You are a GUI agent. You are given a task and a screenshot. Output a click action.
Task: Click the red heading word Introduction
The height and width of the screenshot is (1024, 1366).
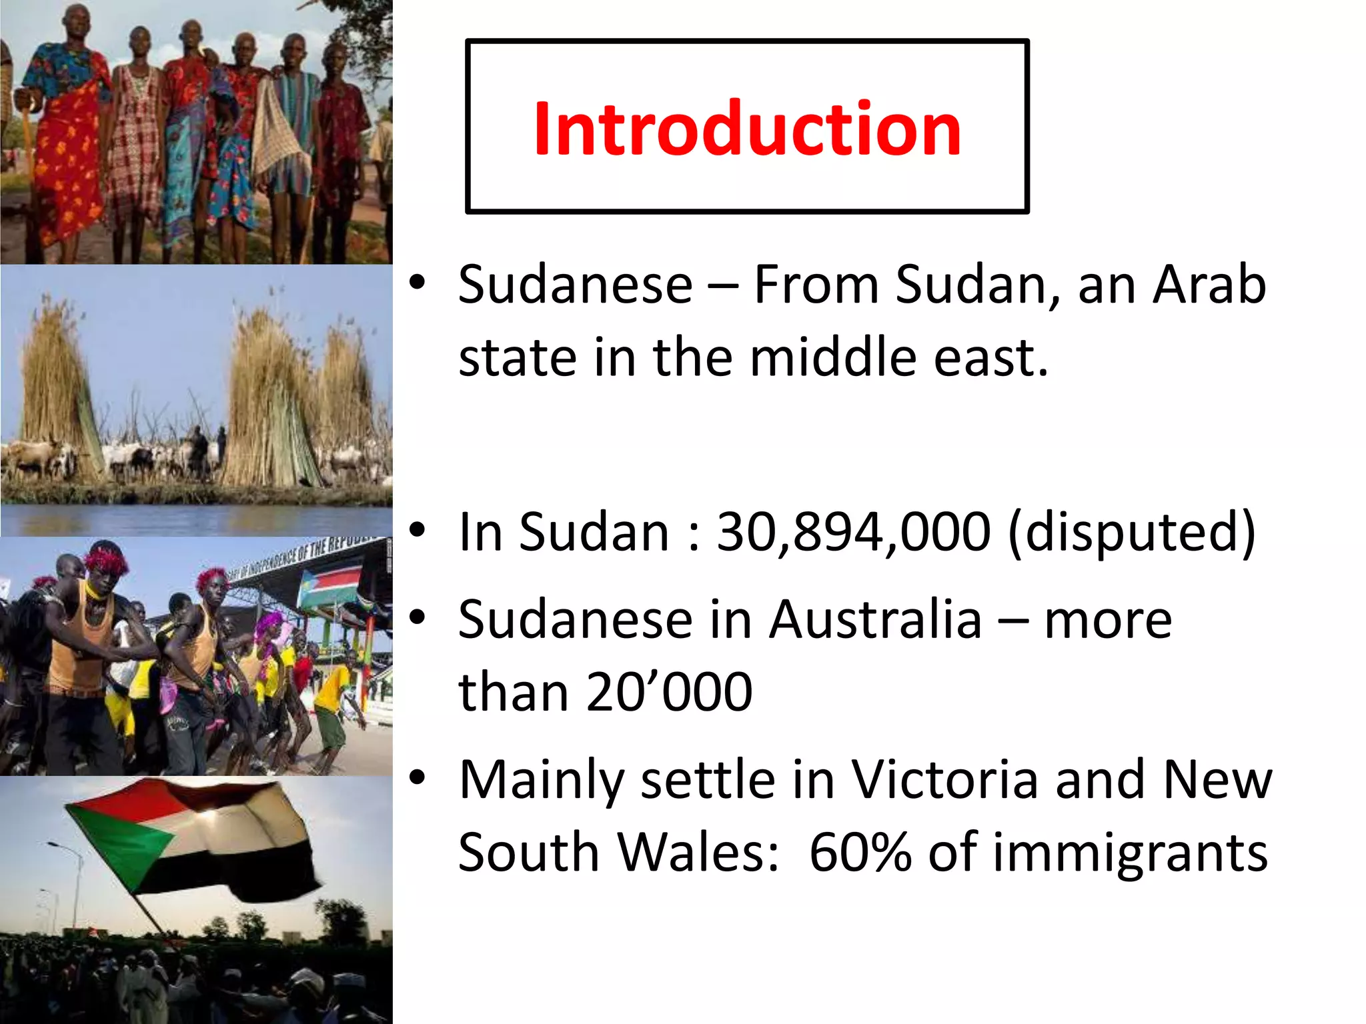[x=747, y=128]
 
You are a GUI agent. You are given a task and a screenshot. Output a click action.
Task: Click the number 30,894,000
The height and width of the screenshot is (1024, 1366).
[x=853, y=532]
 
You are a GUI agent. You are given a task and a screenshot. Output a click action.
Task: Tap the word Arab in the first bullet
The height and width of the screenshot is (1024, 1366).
[x=1209, y=285]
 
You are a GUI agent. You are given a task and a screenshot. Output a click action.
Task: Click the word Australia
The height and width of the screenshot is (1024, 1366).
[x=875, y=620]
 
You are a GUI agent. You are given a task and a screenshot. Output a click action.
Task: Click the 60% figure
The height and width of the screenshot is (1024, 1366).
[x=860, y=852]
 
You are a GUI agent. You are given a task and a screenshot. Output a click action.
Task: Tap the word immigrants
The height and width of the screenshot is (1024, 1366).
[x=1130, y=852]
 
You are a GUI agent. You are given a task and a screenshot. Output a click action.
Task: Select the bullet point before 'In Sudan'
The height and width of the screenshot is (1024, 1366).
[x=418, y=531]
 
